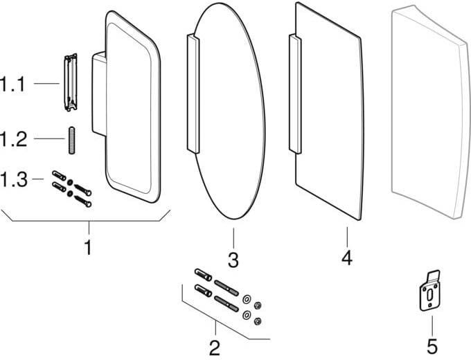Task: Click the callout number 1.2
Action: (13, 139)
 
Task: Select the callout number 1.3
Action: (14, 179)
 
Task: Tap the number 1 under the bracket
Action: (88, 248)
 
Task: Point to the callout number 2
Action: (215, 348)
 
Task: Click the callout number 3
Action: (233, 260)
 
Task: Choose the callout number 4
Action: (346, 258)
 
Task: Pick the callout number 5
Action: (432, 346)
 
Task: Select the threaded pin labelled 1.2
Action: (72, 141)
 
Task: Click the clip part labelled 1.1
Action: (71, 82)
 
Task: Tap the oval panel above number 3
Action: (230, 111)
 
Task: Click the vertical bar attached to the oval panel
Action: (193, 93)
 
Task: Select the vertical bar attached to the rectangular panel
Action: (295, 93)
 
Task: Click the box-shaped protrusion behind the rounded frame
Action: (99, 93)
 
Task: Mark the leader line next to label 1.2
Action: (49, 138)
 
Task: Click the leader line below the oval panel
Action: (233, 238)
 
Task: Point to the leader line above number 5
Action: (432, 325)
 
